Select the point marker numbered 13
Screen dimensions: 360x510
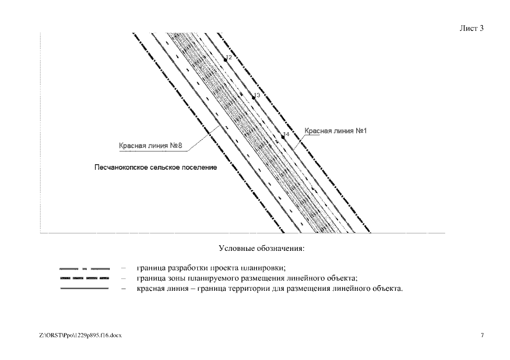click(x=254, y=97)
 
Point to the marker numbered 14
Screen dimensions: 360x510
click(x=283, y=137)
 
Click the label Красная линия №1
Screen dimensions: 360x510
click(x=336, y=131)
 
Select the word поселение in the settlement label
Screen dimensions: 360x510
click(x=199, y=167)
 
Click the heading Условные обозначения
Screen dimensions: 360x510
click(x=261, y=248)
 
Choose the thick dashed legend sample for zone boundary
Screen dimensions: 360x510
click(x=84, y=278)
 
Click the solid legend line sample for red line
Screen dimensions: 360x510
click(x=84, y=289)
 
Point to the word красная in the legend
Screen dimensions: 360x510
click(x=150, y=289)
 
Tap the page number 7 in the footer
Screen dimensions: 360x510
click(x=482, y=335)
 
